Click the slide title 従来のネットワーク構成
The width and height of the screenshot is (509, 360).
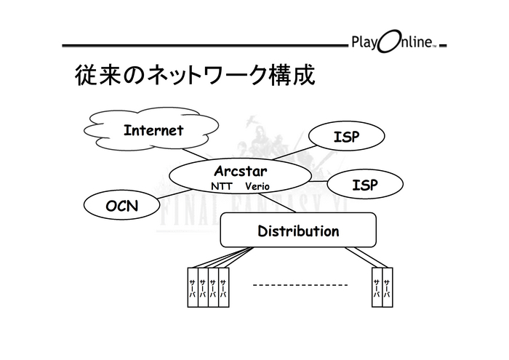pyautogui.click(x=195, y=75)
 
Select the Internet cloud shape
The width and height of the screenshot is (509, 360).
pyautogui.click(x=153, y=132)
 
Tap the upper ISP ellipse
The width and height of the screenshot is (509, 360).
pyautogui.click(x=346, y=136)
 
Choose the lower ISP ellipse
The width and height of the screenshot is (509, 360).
pyautogui.click(x=364, y=185)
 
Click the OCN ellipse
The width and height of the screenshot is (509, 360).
pyautogui.click(x=121, y=206)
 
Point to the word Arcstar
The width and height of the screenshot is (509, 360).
pyautogui.click(x=241, y=172)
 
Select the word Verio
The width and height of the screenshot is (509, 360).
pyautogui.click(x=257, y=186)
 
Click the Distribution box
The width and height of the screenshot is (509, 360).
pyautogui.click(x=298, y=231)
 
